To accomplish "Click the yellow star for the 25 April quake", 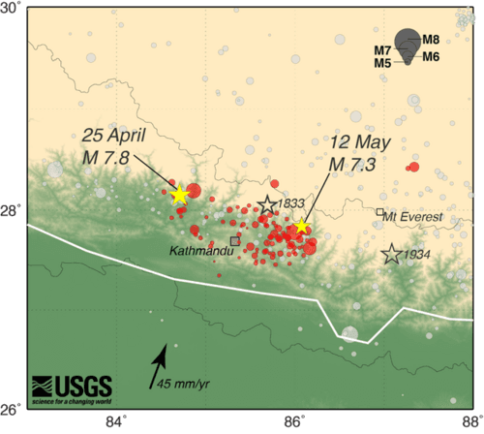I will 179,195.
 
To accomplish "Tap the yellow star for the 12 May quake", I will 301,227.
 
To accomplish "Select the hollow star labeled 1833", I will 267,205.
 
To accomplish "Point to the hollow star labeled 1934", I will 391,255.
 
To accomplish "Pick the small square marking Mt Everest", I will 380,211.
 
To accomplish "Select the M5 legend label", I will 382,63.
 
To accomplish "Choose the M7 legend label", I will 382,50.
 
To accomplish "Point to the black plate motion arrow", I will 158,368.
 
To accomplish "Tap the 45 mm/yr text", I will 183,384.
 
